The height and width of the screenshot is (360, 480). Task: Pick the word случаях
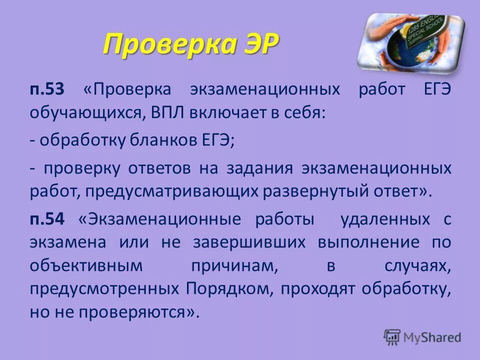[417, 266]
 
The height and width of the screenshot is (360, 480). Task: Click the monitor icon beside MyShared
[392, 336]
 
